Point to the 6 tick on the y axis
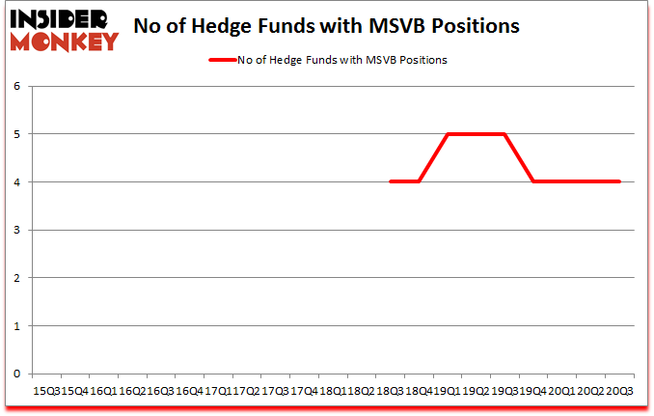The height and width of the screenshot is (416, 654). pos(16,87)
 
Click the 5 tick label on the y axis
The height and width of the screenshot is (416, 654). pos(16,134)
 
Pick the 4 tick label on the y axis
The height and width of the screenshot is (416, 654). pos(16,182)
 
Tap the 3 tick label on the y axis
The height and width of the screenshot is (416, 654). pos(16,230)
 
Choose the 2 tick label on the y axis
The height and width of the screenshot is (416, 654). pos(16,278)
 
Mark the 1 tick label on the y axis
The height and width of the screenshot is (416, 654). pos(16,325)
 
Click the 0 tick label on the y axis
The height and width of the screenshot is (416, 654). pos(16,374)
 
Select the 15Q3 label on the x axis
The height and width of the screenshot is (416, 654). pos(46,391)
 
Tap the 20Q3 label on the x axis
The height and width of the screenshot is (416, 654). pos(618,391)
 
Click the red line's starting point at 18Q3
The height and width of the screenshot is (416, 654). pos(390,181)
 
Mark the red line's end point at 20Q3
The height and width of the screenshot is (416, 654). pos(618,181)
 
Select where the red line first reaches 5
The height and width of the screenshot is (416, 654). pos(448,134)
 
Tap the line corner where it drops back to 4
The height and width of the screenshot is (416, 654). pos(533,181)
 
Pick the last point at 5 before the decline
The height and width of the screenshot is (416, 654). pos(504,134)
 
